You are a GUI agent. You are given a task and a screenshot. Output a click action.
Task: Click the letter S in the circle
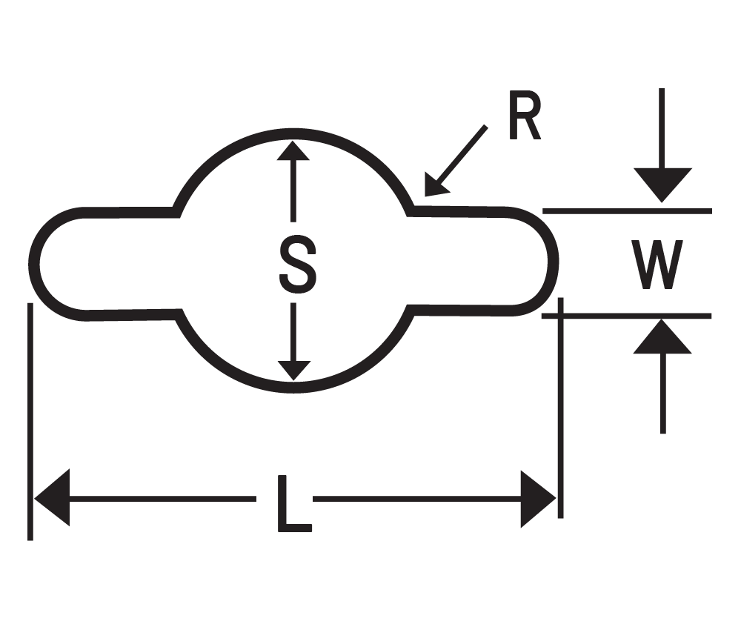tap(296, 264)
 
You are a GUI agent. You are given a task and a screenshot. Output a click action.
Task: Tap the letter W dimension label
tap(657, 265)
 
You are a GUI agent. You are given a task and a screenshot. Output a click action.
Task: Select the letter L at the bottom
tap(293, 505)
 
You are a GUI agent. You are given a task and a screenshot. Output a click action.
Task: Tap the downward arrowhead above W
tap(662, 185)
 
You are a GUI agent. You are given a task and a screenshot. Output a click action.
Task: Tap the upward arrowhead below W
tap(662, 338)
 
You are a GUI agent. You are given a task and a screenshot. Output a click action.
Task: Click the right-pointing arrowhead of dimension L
tap(538, 498)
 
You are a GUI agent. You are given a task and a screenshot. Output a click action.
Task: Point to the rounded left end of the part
tap(37, 263)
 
